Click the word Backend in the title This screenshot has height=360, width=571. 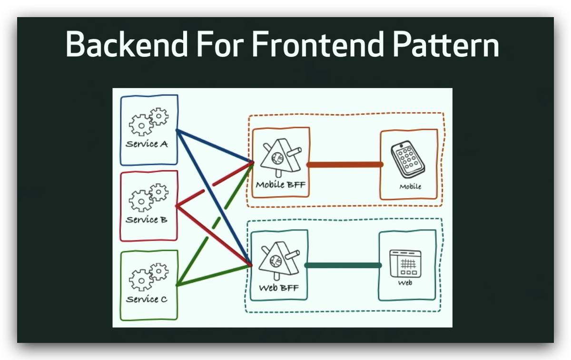click(x=127, y=44)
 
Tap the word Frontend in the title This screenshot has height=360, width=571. click(x=318, y=44)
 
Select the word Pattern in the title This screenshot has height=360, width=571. click(x=446, y=44)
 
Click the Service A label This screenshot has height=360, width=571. click(x=147, y=144)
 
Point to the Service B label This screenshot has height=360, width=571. click(x=147, y=220)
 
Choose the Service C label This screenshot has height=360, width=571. click(x=147, y=299)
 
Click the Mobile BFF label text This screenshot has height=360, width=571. click(x=280, y=184)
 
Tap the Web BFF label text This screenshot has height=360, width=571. click(x=279, y=288)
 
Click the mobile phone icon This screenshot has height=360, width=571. click(x=408, y=159)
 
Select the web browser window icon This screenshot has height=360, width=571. click(x=405, y=263)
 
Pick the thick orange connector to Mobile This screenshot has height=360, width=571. click(x=345, y=165)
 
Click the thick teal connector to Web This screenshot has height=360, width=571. click(x=343, y=265)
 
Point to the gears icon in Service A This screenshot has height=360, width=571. click(x=148, y=122)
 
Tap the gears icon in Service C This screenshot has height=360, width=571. click(x=148, y=277)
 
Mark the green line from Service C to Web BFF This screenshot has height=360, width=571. click(x=214, y=275)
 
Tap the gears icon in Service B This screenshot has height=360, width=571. click(x=148, y=197)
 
